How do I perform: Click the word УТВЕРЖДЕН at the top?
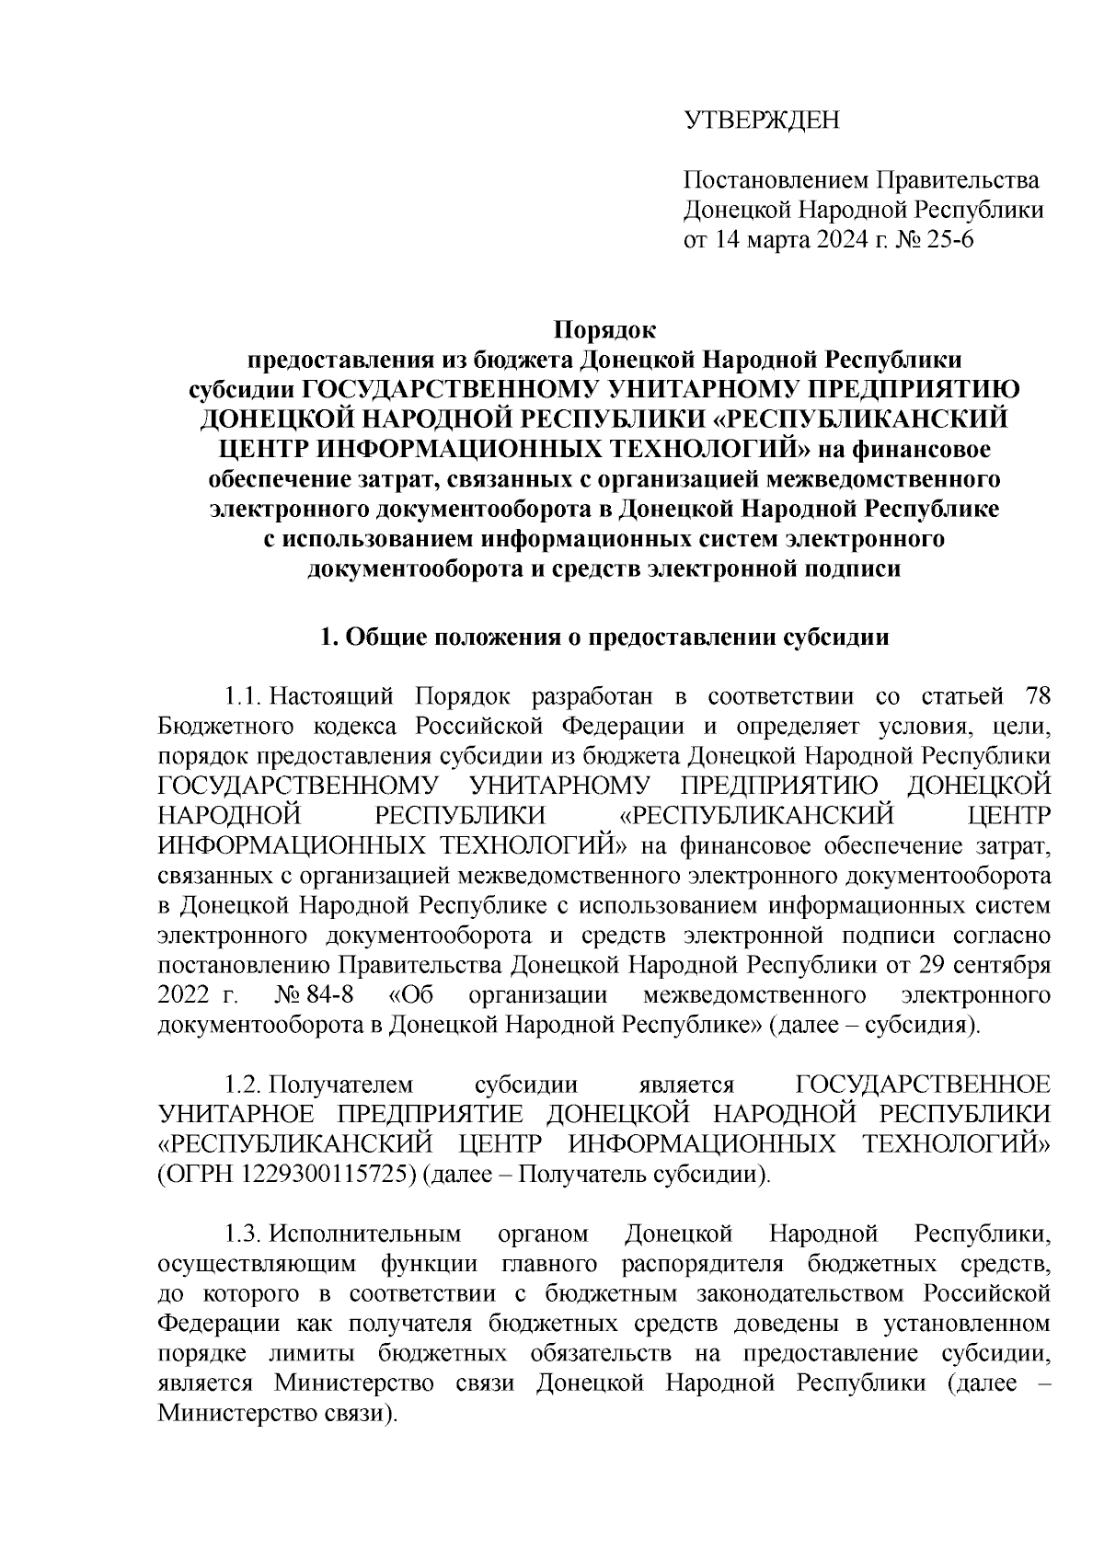tap(761, 121)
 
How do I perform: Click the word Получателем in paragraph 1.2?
tap(343, 1085)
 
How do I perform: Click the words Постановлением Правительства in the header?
tap(860, 180)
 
